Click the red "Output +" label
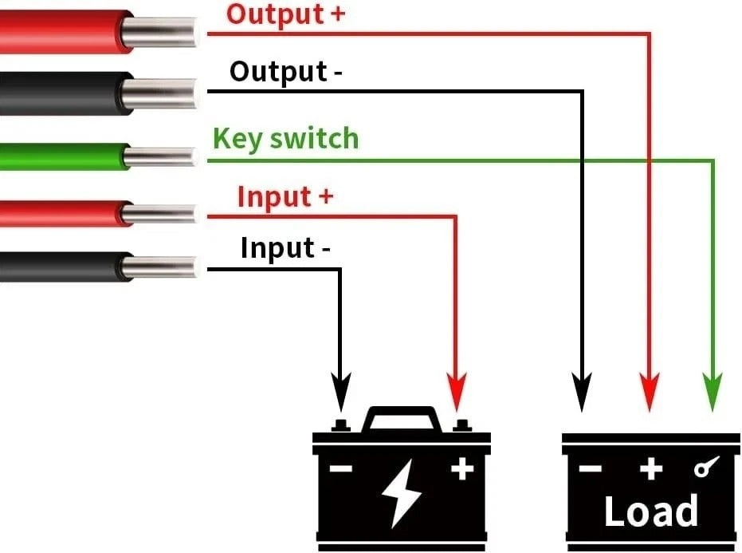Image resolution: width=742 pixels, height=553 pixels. (x=286, y=14)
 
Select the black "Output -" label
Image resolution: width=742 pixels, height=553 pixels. (x=286, y=72)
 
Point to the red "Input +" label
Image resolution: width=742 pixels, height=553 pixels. (x=285, y=196)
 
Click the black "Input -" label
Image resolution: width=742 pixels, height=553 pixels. (x=285, y=248)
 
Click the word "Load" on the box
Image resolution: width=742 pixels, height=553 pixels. (x=651, y=511)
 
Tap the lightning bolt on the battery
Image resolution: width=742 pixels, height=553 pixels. (x=402, y=493)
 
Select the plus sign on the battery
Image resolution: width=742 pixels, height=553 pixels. (x=462, y=469)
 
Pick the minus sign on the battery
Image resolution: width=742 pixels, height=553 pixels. (x=341, y=468)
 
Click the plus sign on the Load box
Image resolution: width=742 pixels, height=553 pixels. (x=651, y=469)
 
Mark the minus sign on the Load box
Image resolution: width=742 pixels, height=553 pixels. (x=590, y=468)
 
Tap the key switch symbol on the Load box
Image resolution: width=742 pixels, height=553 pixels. (x=706, y=466)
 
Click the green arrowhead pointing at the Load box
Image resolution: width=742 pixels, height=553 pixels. (x=713, y=392)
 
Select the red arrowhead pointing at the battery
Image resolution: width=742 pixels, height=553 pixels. (x=456, y=392)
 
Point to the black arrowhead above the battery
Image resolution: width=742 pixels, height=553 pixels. (x=341, y=392)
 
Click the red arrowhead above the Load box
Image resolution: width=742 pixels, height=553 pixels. (x=650, y=392)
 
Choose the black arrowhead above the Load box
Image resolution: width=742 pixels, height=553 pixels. (x=582, y=392)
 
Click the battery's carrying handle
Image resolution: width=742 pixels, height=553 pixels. (x=402, y=417)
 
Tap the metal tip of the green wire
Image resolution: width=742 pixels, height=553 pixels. (x=160, y=157)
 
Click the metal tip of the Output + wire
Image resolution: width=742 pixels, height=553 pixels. (x=159, y=32)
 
